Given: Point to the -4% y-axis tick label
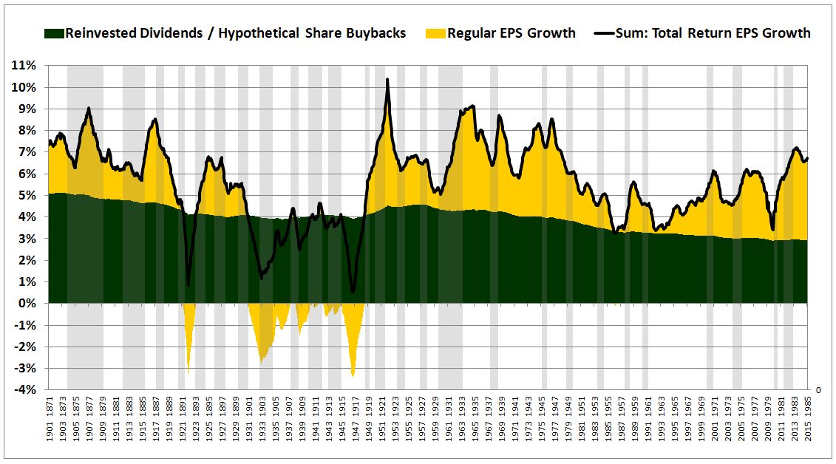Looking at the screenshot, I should coord(27,390).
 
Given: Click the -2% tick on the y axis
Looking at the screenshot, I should coord(27,347).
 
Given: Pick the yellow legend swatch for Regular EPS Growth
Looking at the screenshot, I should coord(436,33).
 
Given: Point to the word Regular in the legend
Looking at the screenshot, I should coord(473,33).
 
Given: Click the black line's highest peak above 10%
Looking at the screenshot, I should coord(387,80).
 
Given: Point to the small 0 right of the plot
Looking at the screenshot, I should coord(818,389).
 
